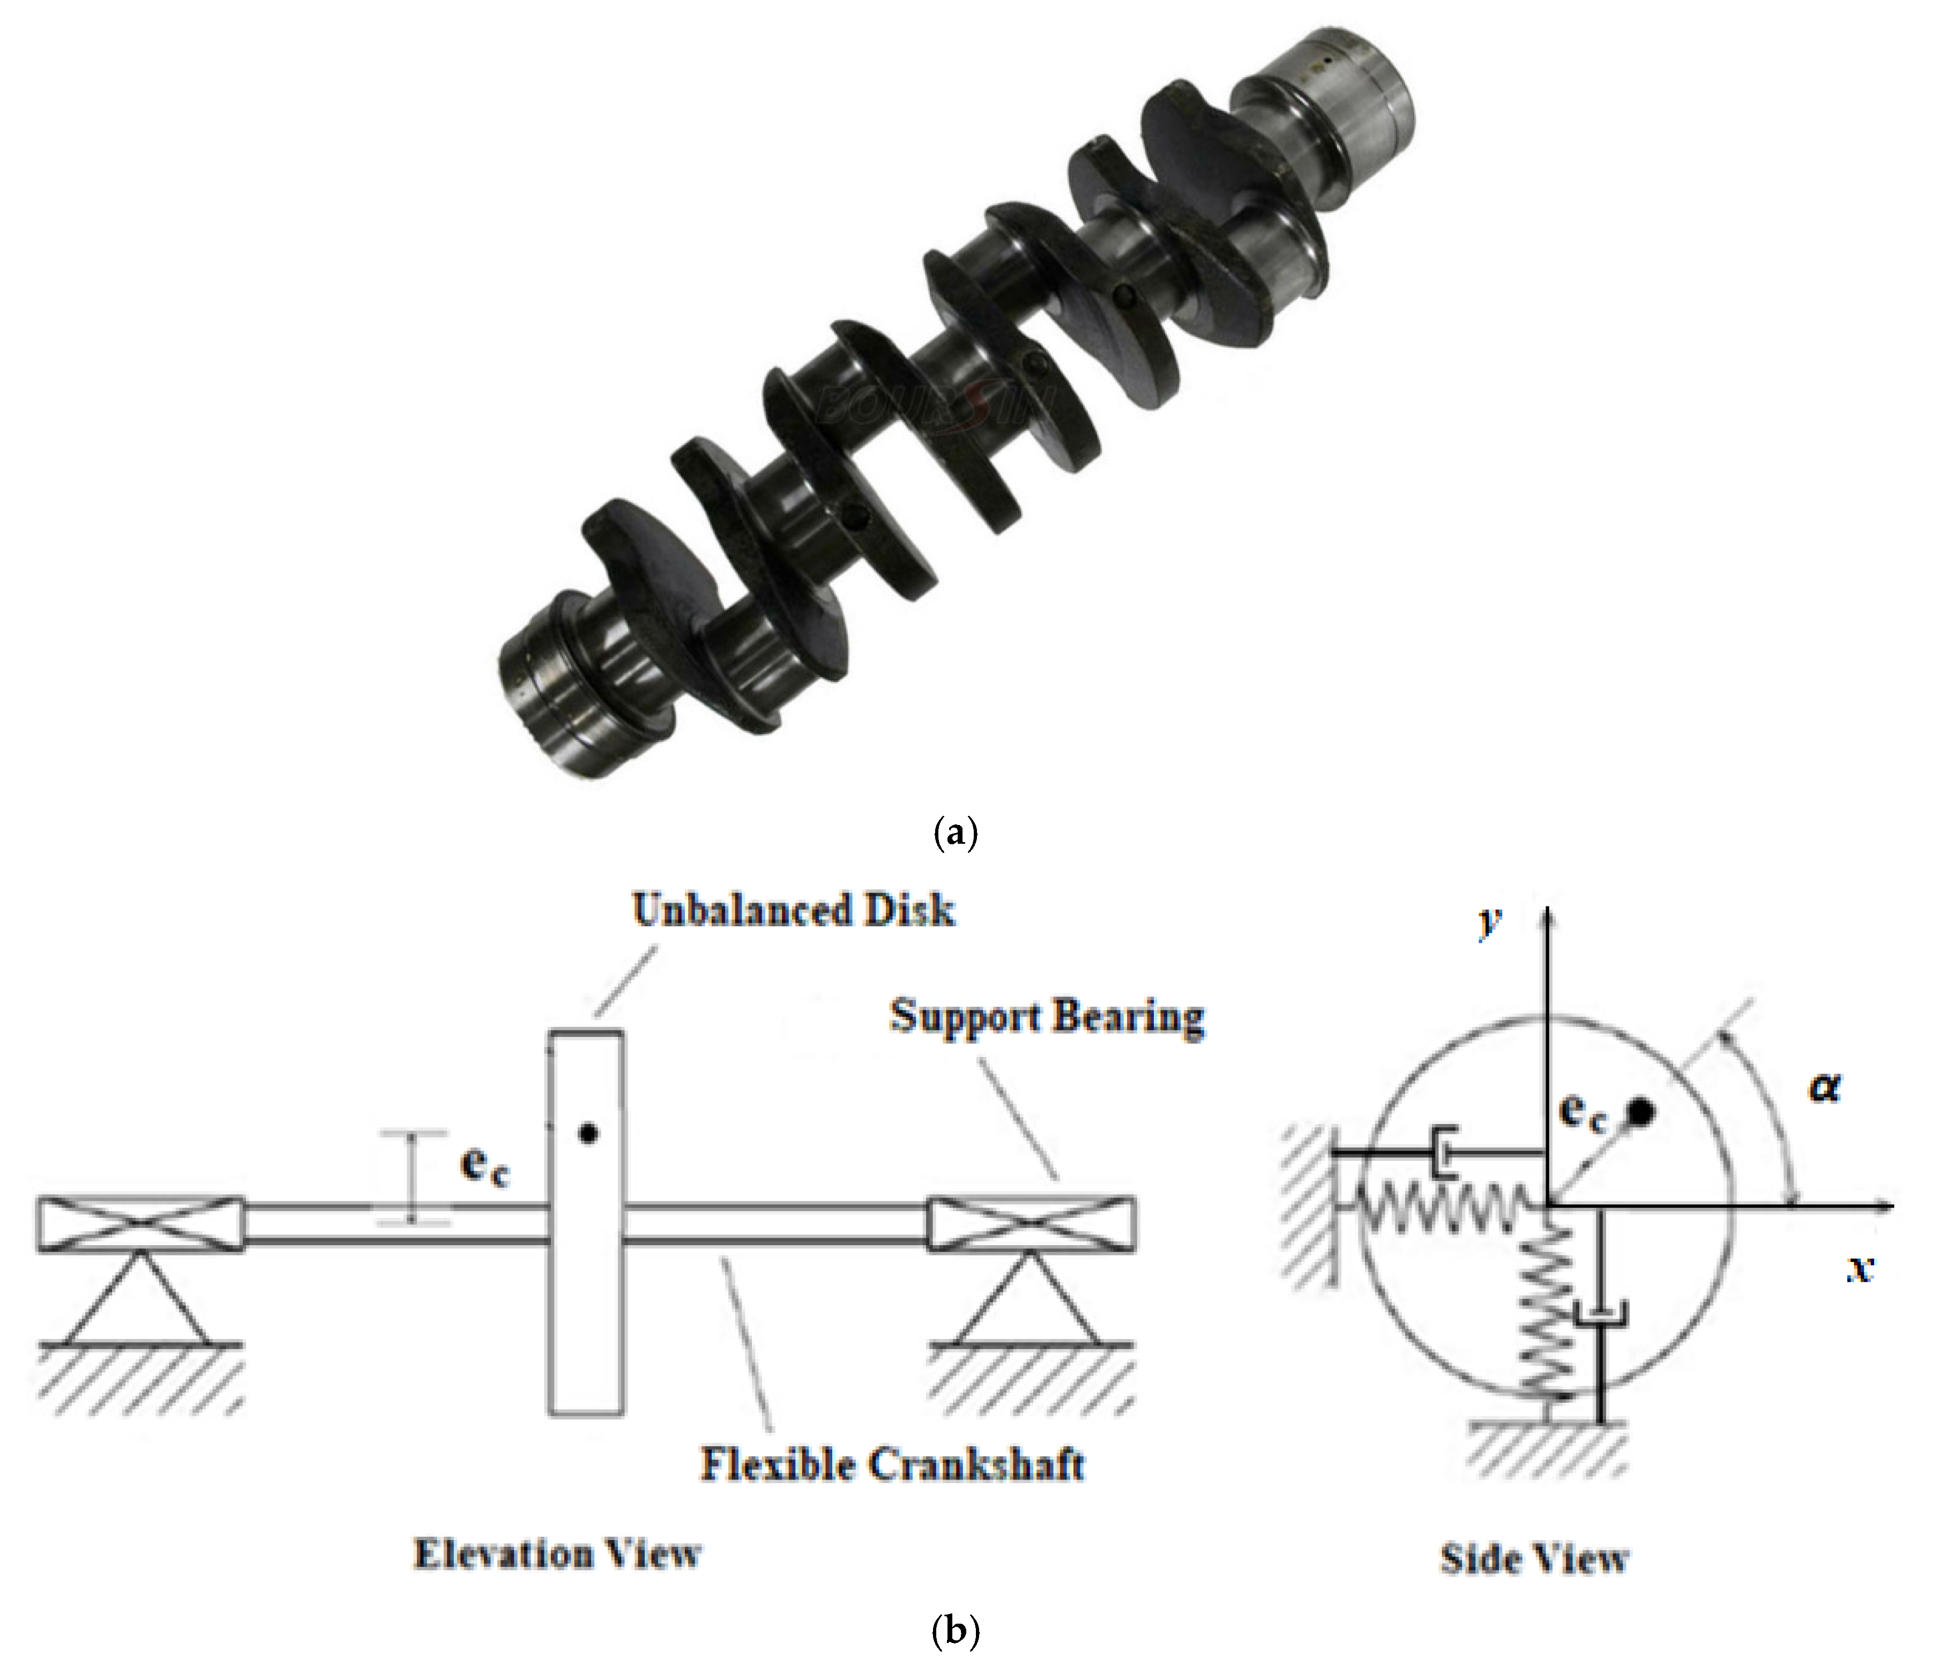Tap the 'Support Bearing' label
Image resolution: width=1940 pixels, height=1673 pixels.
point(1047,1016)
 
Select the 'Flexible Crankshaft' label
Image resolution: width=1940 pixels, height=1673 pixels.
point(892,1464)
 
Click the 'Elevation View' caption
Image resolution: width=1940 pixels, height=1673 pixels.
point(557,1554)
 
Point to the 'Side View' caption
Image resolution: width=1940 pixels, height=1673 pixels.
point(1534,1559)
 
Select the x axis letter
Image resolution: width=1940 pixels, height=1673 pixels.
point(1860,1268)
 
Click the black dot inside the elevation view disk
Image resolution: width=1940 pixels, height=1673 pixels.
point(587,1133)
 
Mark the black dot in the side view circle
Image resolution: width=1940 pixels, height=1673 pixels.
point(1639,1112)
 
